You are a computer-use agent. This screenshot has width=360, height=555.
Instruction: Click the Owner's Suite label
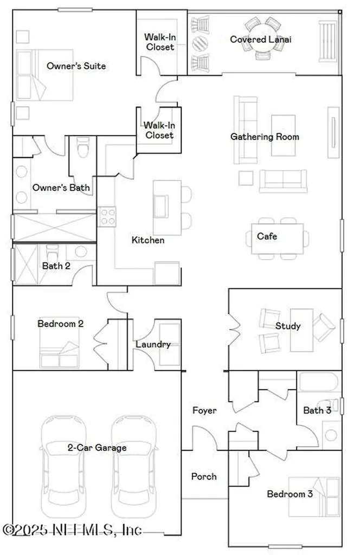tap(76, 66)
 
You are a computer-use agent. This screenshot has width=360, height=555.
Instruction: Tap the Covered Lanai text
tap(256, 40)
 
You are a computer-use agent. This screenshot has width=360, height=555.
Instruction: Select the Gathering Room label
tap(265, 137)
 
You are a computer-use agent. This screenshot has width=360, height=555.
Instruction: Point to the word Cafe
tap(267, 236)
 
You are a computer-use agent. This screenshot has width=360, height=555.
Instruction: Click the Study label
tap(287, 326)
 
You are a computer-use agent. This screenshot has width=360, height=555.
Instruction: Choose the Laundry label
tap(153, 344)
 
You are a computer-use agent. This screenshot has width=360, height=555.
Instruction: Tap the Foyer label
tap(204, 410)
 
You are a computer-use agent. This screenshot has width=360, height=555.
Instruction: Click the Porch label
tap(204, 476)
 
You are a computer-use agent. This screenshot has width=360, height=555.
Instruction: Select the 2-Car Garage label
tap(97, 448)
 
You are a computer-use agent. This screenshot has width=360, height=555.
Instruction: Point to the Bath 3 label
tap(317, 410)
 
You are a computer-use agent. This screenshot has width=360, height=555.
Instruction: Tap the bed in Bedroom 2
tap(60, 352)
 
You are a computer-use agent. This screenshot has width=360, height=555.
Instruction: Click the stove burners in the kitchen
tap(107, 217)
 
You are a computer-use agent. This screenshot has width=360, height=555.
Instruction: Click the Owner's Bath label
tap(61, 188)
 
